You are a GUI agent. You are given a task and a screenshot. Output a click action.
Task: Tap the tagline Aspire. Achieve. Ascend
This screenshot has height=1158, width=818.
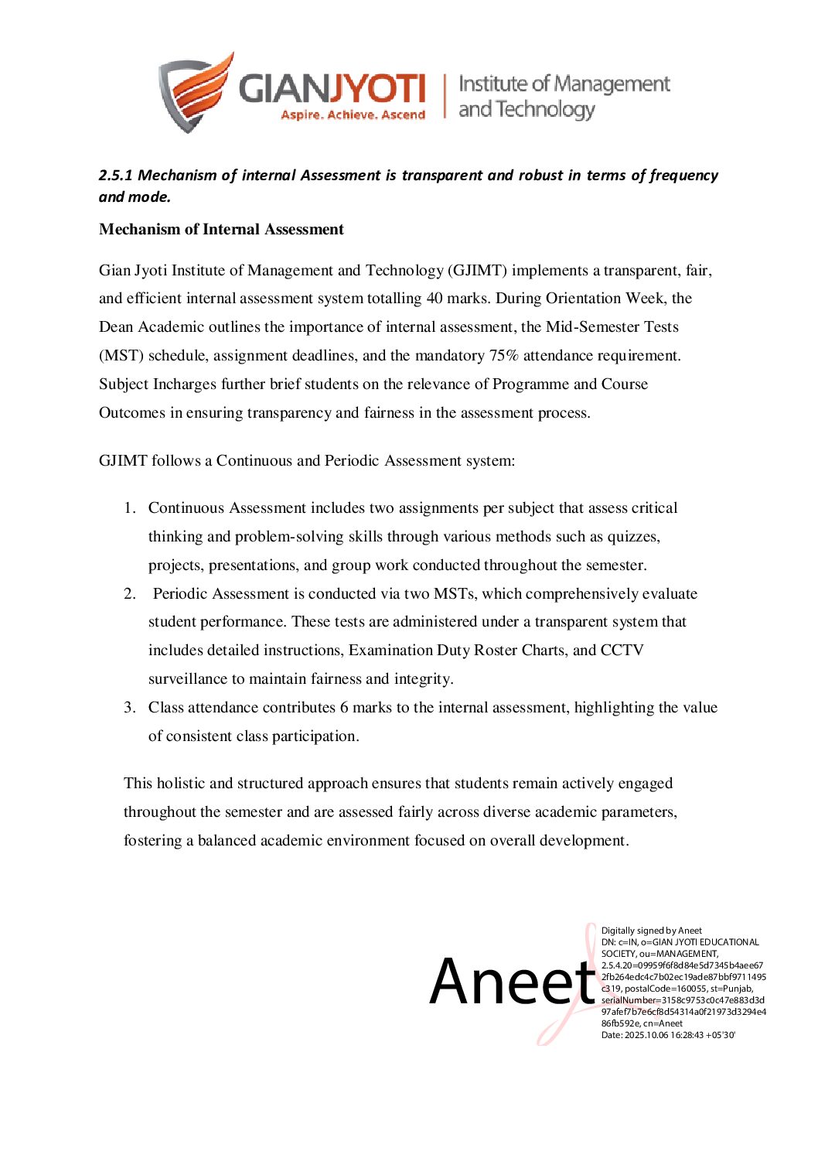pos(353,115)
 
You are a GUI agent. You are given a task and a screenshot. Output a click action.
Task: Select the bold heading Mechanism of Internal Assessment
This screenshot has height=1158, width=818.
pos(221,230)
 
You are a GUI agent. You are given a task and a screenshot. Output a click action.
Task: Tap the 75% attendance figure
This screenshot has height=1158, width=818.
pos(503,356)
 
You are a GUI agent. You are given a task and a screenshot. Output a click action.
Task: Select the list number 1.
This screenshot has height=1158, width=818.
pos(130,508)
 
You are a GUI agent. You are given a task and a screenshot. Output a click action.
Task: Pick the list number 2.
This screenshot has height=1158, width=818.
pos(130,594)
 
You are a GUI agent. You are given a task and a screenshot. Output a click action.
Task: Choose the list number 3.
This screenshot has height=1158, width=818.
pos(130,708)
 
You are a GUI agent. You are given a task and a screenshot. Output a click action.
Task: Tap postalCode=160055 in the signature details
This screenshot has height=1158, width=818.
pos(666,989)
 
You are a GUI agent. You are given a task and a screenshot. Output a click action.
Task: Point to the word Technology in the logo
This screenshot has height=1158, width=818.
pos(545,110)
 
